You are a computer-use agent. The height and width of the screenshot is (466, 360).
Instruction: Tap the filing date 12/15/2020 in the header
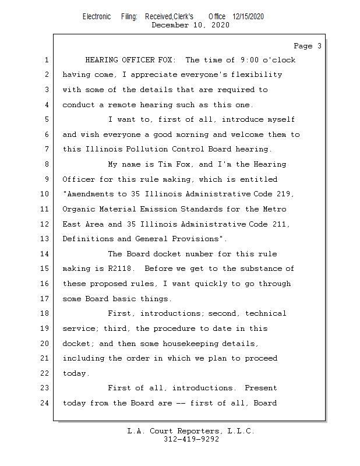pyautogui.click(x=248, y=17)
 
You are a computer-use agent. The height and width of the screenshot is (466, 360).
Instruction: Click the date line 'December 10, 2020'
pyautogui.click(x=190, y=25)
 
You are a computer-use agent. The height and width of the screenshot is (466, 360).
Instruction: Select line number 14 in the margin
pyautogui.click(x=47, y=254)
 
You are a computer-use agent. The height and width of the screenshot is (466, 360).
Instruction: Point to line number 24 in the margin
pyautogui.click(x=47, y=403)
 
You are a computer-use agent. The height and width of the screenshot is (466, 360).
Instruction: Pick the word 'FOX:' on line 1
pyautogui.click(x=167, y=60)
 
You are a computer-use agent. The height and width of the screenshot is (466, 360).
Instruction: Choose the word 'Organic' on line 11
pyautogui.click(x=79, y=209)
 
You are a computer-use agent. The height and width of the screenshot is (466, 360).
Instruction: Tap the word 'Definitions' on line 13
pyautogui.click(x=87, y=239)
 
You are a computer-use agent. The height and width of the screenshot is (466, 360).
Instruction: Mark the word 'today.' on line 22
pyautogui.click(x=76, y=373)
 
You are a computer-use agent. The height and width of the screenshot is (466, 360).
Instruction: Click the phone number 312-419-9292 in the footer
pyautogui.click(x=191, y=439)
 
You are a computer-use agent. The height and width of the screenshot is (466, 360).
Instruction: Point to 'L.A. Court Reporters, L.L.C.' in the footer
pyautogui.click(x=191, y=431)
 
